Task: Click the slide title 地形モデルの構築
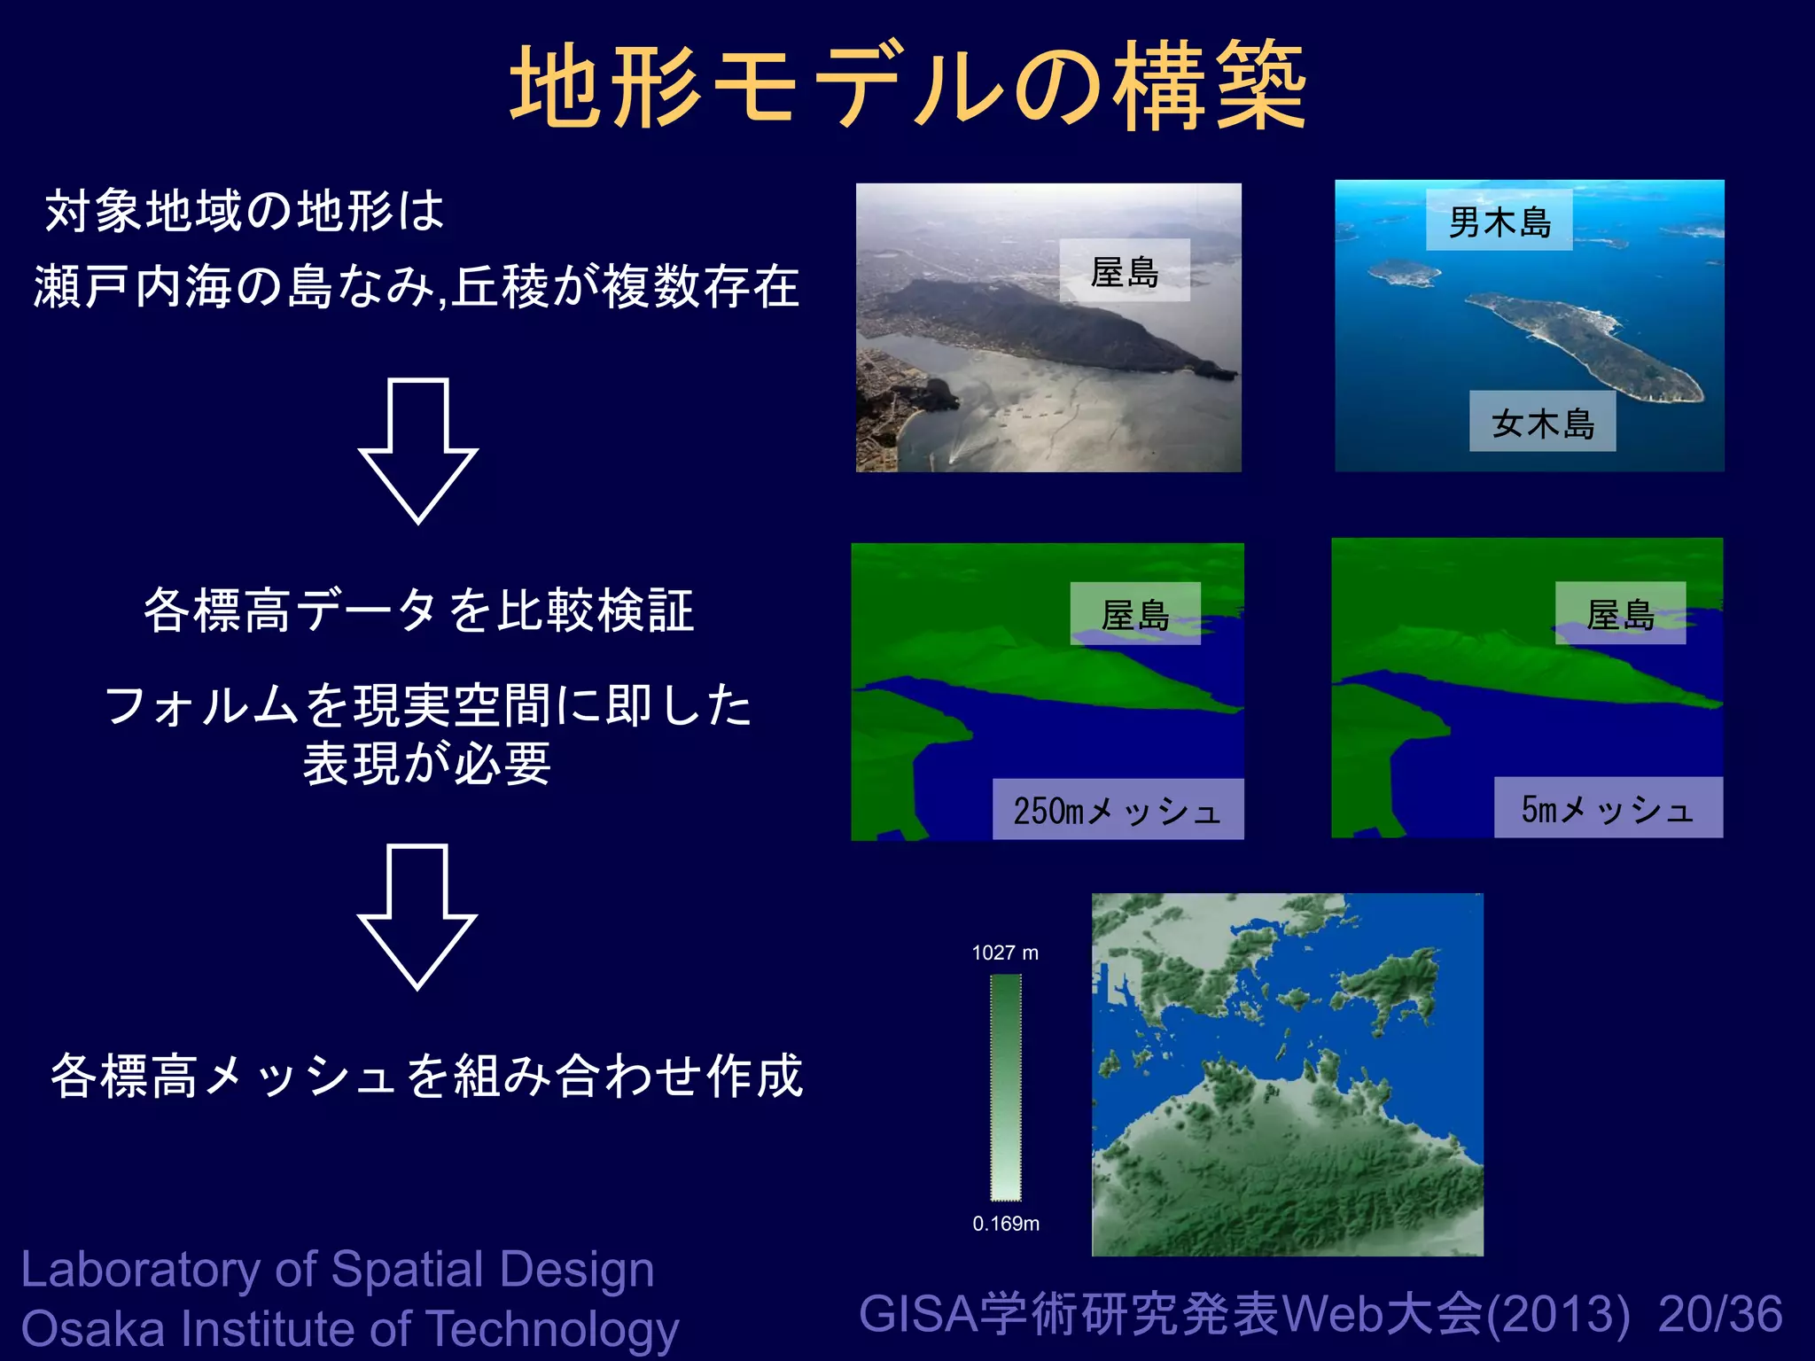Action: [x=907, y=87]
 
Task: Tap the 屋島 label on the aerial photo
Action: [x=1125, y=271]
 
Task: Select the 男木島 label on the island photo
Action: [x=1499, y=221]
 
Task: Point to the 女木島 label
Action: [x=1542, y=423]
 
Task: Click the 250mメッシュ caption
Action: [x=1118, y=810]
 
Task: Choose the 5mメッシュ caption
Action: [x=1608, y=808]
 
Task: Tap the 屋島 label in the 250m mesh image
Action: [x=1135, y=613]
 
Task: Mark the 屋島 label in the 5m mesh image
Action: [x=1620, y=613]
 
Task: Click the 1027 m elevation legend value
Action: [x=1005, y=953]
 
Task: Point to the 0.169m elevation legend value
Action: [x=1006, y=1224]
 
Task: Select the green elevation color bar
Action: [x=1006, y=1087]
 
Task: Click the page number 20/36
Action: [x=1720, y=1314]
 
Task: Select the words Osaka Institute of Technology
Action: [x=350, y=1329]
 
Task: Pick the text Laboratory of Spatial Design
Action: [x=338, y=1269]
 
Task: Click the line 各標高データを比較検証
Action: [x=418, y=611]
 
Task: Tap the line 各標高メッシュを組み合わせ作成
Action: [x=426, y=1076]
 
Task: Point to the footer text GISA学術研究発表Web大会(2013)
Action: [x=1244, y=1314]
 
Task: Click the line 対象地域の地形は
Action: [x=245, y=211]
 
